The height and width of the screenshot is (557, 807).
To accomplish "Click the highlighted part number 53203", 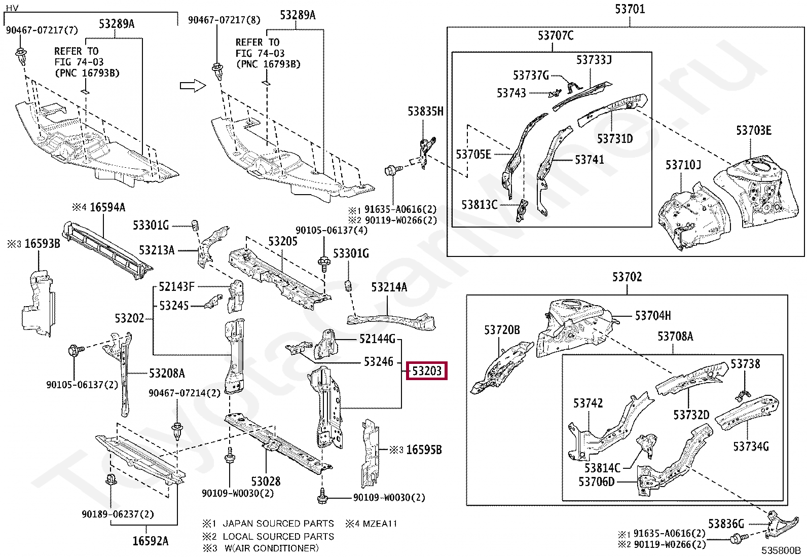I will [426, 371].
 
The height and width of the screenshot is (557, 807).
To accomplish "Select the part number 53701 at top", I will [630, 9].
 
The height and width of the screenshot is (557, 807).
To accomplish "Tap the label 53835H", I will [425, 112].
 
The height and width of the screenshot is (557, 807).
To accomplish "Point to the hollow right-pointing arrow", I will [193, 86].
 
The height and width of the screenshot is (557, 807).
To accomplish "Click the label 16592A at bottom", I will [150, 541].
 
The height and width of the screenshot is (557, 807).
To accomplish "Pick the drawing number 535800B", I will [781, 550].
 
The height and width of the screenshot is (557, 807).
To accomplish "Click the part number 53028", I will [266, 481].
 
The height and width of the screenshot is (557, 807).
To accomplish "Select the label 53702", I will [627, 277].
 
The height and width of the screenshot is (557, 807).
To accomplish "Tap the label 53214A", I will [389, 287].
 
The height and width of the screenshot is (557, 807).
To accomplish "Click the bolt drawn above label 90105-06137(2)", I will [75, 350].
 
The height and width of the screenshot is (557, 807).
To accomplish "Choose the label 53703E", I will [753, 131].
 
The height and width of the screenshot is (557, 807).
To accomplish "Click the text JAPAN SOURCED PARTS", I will [278, 524].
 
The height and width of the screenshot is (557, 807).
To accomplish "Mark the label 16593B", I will [42, 244].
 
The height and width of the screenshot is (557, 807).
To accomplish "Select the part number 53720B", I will [502, 330].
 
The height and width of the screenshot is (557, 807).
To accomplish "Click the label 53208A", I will [167, 374].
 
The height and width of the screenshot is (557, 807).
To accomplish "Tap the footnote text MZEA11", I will [380, 524].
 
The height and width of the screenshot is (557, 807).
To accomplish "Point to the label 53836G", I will [726, 524].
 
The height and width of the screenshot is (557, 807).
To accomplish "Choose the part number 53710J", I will [683, 165].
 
